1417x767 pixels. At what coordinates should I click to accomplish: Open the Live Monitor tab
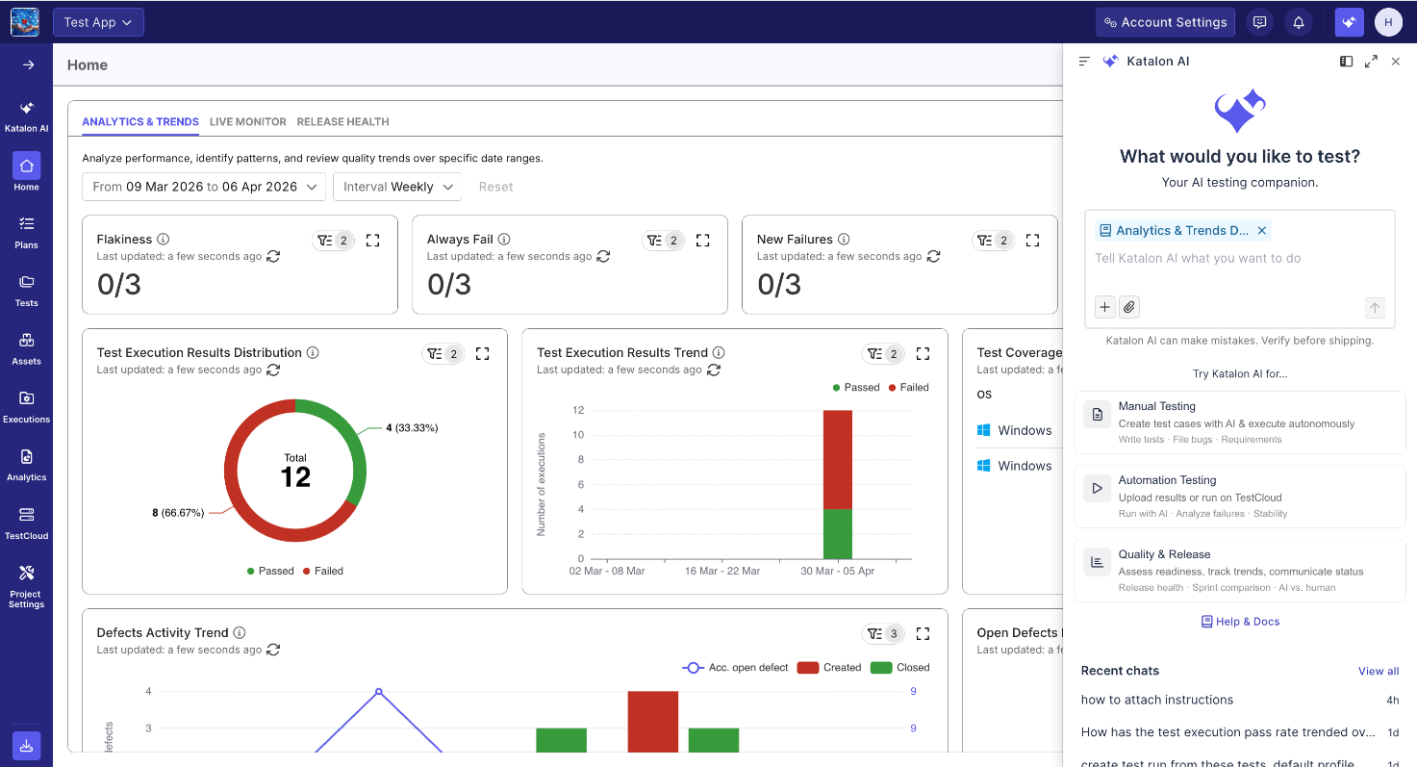point(247,121)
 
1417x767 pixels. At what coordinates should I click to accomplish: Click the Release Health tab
point(342,121)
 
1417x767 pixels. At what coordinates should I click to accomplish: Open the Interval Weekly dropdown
point(397,187)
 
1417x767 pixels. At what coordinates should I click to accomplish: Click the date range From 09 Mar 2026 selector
point(204,187)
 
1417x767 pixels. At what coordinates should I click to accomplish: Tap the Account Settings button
point(1165,22)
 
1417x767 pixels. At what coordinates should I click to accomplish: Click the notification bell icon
point(1298,22)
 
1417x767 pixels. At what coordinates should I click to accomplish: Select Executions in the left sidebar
point(27,407)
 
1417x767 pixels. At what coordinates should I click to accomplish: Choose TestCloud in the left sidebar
point(27,524)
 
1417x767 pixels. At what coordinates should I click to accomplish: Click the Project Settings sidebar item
point(27,587)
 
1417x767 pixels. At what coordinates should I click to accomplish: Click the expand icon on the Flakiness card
point(372,241)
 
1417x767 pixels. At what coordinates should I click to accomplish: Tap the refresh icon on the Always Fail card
point(603,256)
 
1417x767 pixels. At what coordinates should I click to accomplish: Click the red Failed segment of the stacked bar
point(838,459)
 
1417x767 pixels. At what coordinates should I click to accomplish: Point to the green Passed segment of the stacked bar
point(838,534)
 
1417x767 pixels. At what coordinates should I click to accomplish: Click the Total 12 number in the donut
point(295,477)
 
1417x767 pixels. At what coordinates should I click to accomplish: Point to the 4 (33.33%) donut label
point(412,428)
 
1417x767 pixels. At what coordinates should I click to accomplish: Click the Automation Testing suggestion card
point(1239,497)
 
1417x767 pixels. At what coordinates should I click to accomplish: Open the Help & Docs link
point(1240,622)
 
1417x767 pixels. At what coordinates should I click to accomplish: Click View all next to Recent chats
point(1379,671)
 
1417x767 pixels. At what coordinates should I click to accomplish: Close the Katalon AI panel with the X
point(1396,62)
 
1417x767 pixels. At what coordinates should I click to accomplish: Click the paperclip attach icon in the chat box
point(1129,308)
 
